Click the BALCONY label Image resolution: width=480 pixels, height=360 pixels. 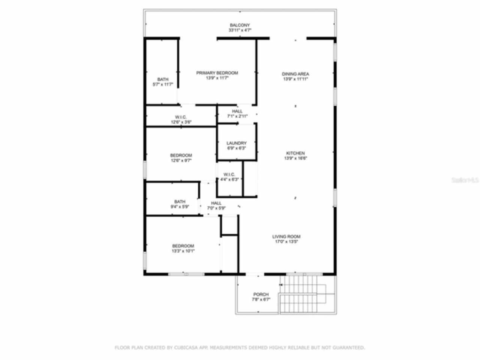click(x=240, y=25)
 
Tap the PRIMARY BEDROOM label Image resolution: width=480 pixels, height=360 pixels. click(x=217, y=73)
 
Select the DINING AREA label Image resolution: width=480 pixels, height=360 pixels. click(x=295, y=74)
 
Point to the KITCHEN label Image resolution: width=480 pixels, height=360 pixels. click(x=295, y=153)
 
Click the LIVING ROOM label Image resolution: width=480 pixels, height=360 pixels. click(x=286, y=237)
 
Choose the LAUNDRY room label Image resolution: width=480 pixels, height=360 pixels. click(x=236, y=143)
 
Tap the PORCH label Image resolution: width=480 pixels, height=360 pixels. click(x=261, y=294)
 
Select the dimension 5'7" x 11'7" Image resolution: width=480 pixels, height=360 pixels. click(x=163, y=84)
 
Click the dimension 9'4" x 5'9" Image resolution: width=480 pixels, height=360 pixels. click(x=180, y=207)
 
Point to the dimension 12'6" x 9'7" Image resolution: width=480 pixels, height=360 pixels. click(x=181, y=160)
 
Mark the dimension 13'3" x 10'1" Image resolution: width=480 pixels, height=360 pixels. click(x=183, y=251)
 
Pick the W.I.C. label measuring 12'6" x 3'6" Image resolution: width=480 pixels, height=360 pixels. click(x=181, y=117)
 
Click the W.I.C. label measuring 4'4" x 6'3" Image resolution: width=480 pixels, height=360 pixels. click(x=229, y=174)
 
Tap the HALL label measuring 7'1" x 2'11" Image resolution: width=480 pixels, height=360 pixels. click(x=237, y=111)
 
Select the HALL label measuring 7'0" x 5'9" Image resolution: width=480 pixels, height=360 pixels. click(x=216, y=203)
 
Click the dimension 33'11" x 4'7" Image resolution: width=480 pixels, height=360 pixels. click(x=240, y=30)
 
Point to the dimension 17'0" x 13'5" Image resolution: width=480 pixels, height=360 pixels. click(x=286, y=241)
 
